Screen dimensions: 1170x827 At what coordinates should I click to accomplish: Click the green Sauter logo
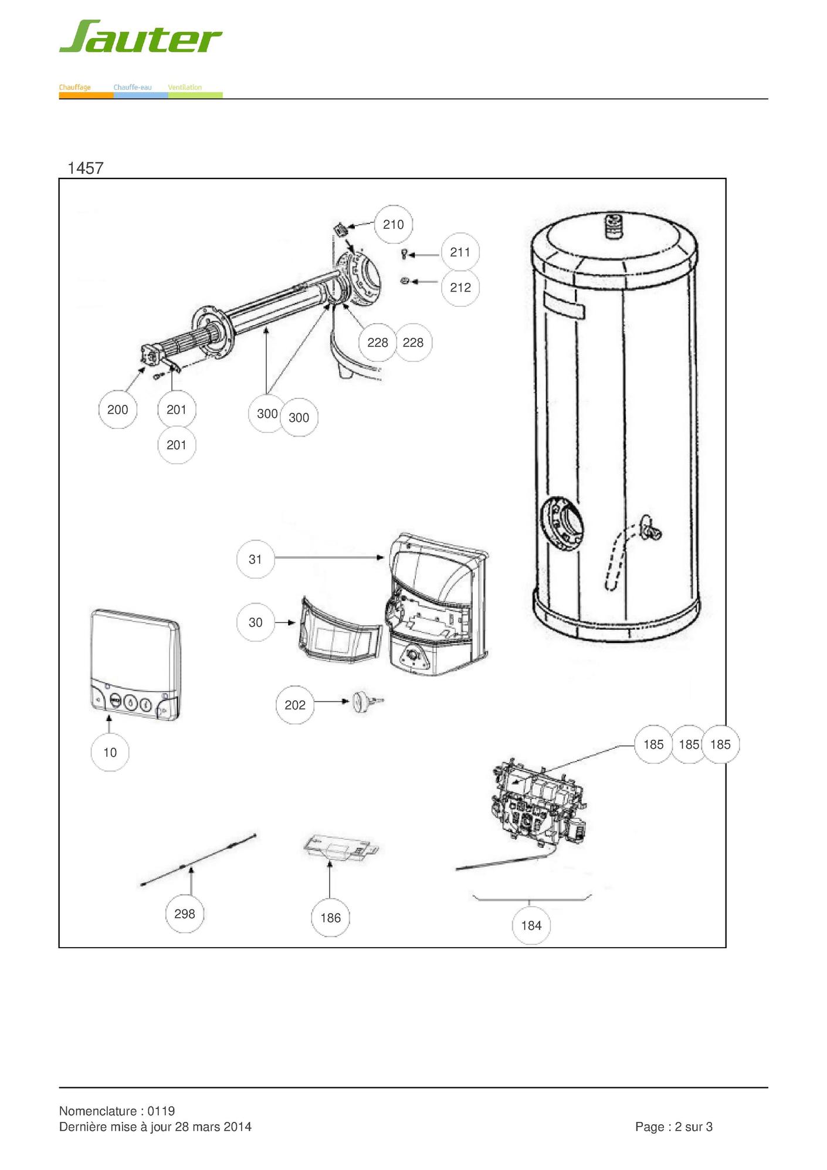tap(140, 36)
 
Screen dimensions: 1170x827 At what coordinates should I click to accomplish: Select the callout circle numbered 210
tap(393, 224)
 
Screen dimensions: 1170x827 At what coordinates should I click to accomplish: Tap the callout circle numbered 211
tap(460, 252)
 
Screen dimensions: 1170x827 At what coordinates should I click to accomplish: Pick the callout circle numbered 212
tap(460, 288)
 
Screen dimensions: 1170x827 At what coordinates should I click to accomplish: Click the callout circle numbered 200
tap(117, 410)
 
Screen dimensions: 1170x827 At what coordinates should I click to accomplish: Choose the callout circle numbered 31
tap(255, 559)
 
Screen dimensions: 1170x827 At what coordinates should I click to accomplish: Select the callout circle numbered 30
tap(255, 623)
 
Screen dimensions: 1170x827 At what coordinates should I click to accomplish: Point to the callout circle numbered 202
tap(295, 705)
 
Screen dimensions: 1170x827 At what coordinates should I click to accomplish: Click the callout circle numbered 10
tap(110, 752)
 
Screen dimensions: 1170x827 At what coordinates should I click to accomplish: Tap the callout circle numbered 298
tap(185, 914)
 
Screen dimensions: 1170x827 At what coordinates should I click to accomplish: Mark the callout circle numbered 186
tap(330, 918)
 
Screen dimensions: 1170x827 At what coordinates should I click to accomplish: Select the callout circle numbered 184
tap(531, 925)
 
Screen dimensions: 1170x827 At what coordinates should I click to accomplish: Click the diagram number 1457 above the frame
tap(86, 168)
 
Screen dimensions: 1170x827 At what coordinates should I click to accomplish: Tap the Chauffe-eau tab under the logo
tap(133, 87)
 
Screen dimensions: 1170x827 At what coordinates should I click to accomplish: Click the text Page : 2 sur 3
tap(673, 1127)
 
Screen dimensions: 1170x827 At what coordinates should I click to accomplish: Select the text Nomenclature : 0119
tap(117, 1111)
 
